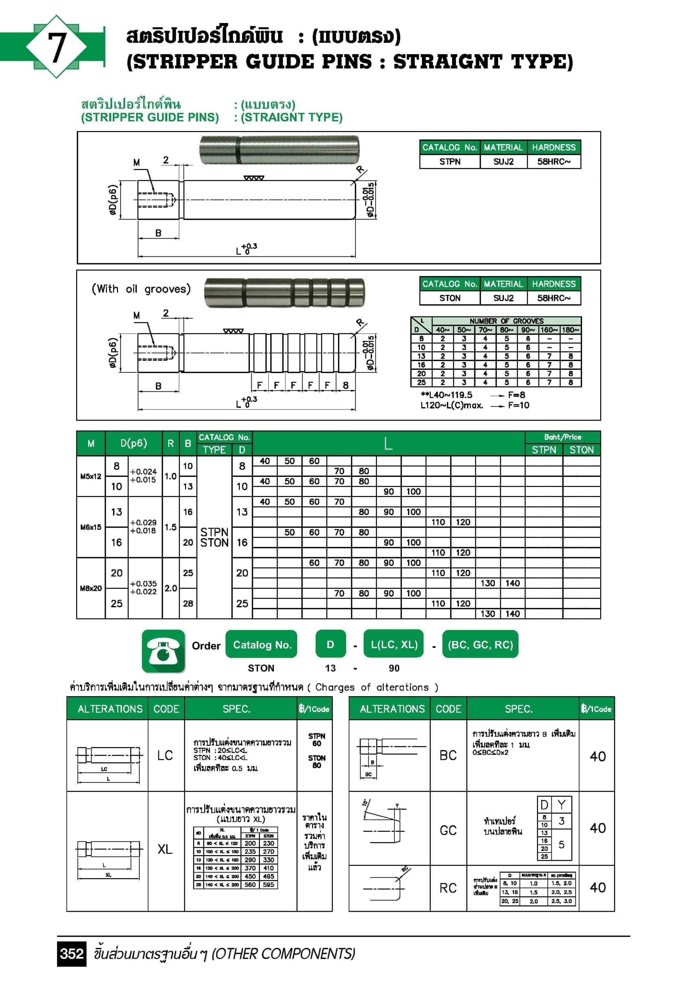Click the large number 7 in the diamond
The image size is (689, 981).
57,47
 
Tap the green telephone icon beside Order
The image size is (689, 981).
163,651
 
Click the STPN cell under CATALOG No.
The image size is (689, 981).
450,162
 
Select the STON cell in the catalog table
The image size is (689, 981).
450,298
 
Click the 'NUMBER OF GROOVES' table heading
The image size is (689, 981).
506,321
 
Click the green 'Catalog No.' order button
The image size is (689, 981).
262,645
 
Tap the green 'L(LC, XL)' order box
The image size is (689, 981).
393,644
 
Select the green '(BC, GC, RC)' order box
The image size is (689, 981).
480,645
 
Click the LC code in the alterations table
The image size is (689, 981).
165,756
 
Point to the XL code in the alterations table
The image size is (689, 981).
165,849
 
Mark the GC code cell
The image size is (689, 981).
448,830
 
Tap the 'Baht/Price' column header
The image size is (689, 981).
562,437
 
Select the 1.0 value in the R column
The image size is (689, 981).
171,476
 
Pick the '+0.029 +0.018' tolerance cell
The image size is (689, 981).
144,527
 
